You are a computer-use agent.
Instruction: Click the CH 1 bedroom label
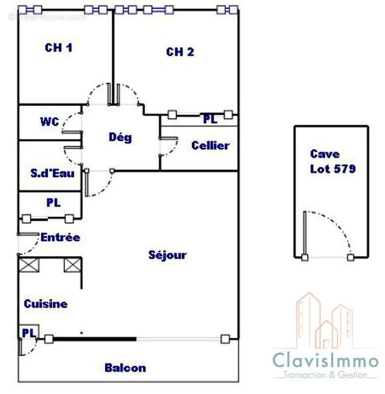(x=59, y=48)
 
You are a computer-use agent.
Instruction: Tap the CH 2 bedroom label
(x=180, y=52)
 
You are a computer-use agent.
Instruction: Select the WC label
(x=50, y=122)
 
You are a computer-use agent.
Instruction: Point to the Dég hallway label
(x=120, y=137)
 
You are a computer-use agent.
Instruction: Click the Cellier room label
(x=210, y=145)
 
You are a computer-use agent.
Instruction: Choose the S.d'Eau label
(x=53, y=173)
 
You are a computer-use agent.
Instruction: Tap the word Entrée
(x=61, y=237)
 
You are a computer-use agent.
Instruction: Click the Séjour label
(x=167, y=255)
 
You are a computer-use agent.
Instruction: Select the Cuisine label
(x=46, y=304)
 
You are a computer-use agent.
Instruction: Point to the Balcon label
(x=126, y=368)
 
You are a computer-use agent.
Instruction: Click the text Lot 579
(x=333, y=169)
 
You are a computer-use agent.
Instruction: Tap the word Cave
(x=325, y=154)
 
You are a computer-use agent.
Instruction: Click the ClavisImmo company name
(x=325, y=360)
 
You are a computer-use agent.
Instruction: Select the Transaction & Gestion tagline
(x=325, y=375)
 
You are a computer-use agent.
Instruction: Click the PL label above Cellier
(x=210, y=119)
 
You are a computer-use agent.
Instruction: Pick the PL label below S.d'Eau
(x=54, y=202)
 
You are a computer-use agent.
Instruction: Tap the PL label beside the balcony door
(x=29, y=333)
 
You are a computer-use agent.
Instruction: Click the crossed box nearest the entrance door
(x=29, y=264)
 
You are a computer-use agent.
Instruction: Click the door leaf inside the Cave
(x=305, y=233)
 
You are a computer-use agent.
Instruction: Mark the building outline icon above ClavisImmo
(x=324, y=321)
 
